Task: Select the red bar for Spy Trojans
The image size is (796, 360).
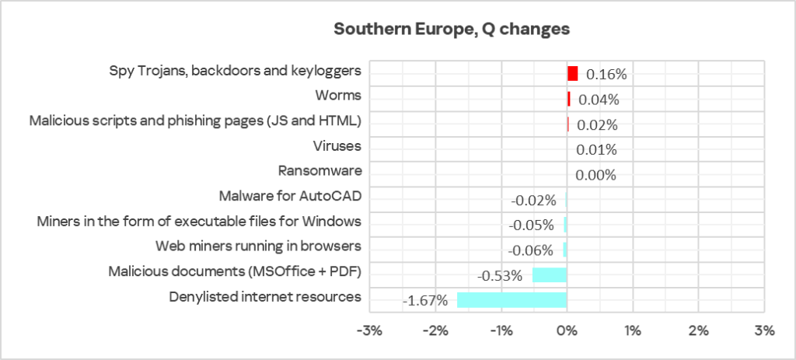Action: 573,74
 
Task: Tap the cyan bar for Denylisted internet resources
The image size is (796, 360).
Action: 511,300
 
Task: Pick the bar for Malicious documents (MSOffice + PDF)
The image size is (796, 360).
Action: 550,275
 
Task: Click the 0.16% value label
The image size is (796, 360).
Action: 606,75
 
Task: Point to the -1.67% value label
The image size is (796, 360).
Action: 427,301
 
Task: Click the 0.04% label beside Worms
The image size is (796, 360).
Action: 598,100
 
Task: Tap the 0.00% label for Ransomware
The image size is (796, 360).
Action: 595,175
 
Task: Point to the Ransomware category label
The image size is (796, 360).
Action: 320,171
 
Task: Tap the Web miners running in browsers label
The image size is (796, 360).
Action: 258,246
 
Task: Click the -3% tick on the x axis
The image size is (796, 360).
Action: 368,330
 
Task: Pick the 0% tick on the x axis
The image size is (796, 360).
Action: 567,330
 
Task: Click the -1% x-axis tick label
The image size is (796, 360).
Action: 501,330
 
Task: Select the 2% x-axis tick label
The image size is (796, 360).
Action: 698,330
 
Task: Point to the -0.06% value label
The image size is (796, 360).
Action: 530,250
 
